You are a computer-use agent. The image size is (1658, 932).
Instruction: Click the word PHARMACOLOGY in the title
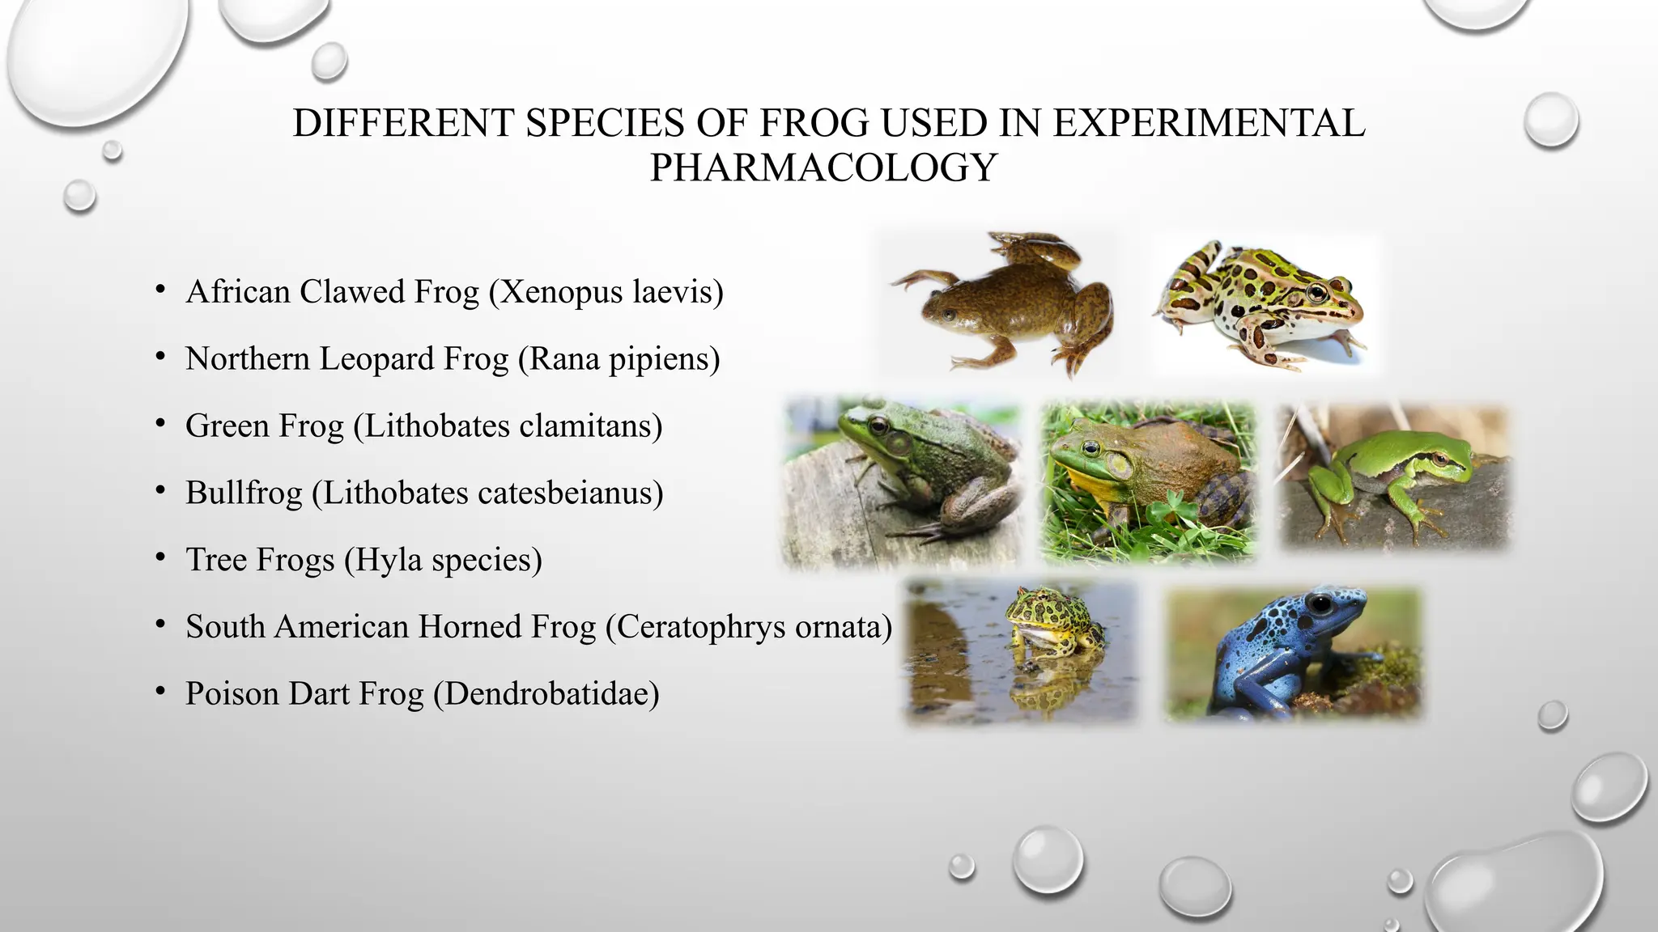[823, 167]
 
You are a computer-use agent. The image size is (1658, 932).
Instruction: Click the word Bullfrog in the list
[244, 493]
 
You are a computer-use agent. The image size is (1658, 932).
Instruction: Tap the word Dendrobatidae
[546, 694]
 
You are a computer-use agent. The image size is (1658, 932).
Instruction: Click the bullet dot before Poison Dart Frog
[161, 691]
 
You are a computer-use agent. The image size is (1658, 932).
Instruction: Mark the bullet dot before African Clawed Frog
[161, 289]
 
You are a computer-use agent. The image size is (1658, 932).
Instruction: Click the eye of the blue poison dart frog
[1321, 604]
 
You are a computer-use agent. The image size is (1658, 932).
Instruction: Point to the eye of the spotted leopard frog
[1317, 291]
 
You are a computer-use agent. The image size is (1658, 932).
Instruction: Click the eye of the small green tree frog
[1440, 459]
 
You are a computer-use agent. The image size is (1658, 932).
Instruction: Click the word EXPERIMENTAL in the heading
[1209, 124]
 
